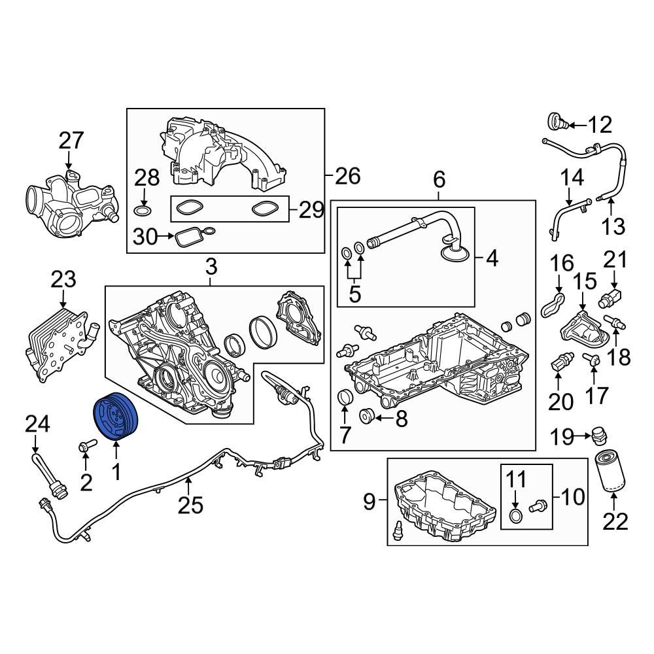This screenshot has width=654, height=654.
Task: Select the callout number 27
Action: point(72,141)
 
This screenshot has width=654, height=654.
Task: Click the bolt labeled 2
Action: point(85,447)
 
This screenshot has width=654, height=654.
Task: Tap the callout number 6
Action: point(438,178)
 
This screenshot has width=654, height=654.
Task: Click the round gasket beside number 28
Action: point(143,211)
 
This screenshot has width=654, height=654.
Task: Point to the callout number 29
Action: point(311,210)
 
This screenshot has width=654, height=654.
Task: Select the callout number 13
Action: point(614,226)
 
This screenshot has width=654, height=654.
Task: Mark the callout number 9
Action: point(370,502)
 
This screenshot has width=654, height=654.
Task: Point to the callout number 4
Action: point(491,259)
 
